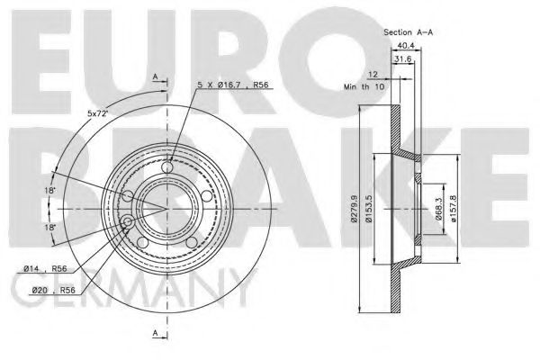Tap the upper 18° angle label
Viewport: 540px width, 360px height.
[x=51, y=192]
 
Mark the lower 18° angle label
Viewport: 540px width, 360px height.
[x=51, y=228]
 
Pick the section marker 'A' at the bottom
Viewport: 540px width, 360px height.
[x=156, y=335]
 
